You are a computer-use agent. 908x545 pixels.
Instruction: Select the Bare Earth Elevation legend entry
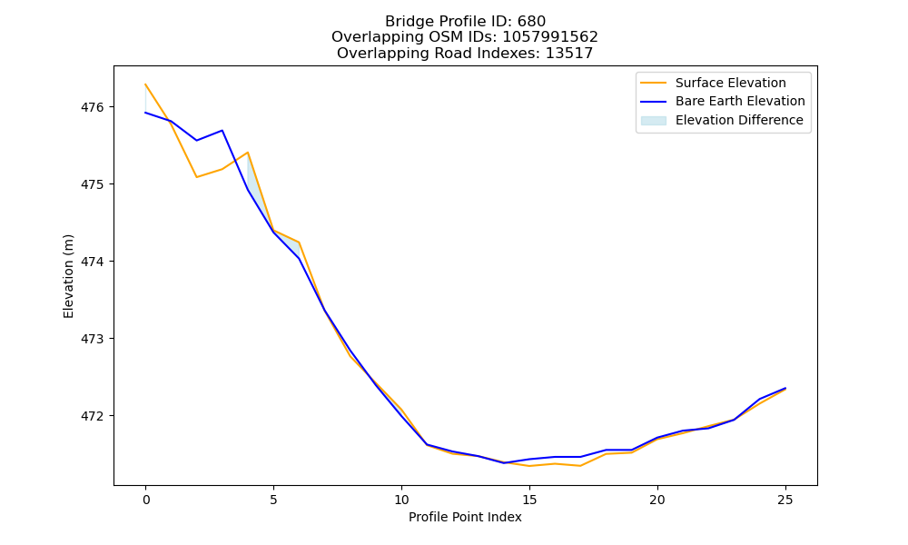point(723,102)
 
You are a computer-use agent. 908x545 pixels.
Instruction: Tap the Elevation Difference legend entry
point(722,121)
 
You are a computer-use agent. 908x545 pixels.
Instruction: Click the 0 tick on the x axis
point(146,500)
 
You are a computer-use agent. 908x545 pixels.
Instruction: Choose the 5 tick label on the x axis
point(273,500)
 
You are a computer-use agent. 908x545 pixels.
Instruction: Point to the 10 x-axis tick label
point(401,500)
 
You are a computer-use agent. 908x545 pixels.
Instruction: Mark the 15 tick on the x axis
point(529,500)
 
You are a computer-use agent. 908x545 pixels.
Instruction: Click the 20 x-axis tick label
point(657,500)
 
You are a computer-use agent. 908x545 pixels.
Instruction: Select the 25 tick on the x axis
point(785,500)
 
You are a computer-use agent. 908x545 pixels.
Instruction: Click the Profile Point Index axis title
point(465,517)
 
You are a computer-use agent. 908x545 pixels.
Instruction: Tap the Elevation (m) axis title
point(68,276)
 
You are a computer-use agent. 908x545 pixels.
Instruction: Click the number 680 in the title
point(531,22)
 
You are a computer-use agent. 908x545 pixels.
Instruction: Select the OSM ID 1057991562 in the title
point(550,37)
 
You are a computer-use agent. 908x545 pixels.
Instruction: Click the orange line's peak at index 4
point(248,153)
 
